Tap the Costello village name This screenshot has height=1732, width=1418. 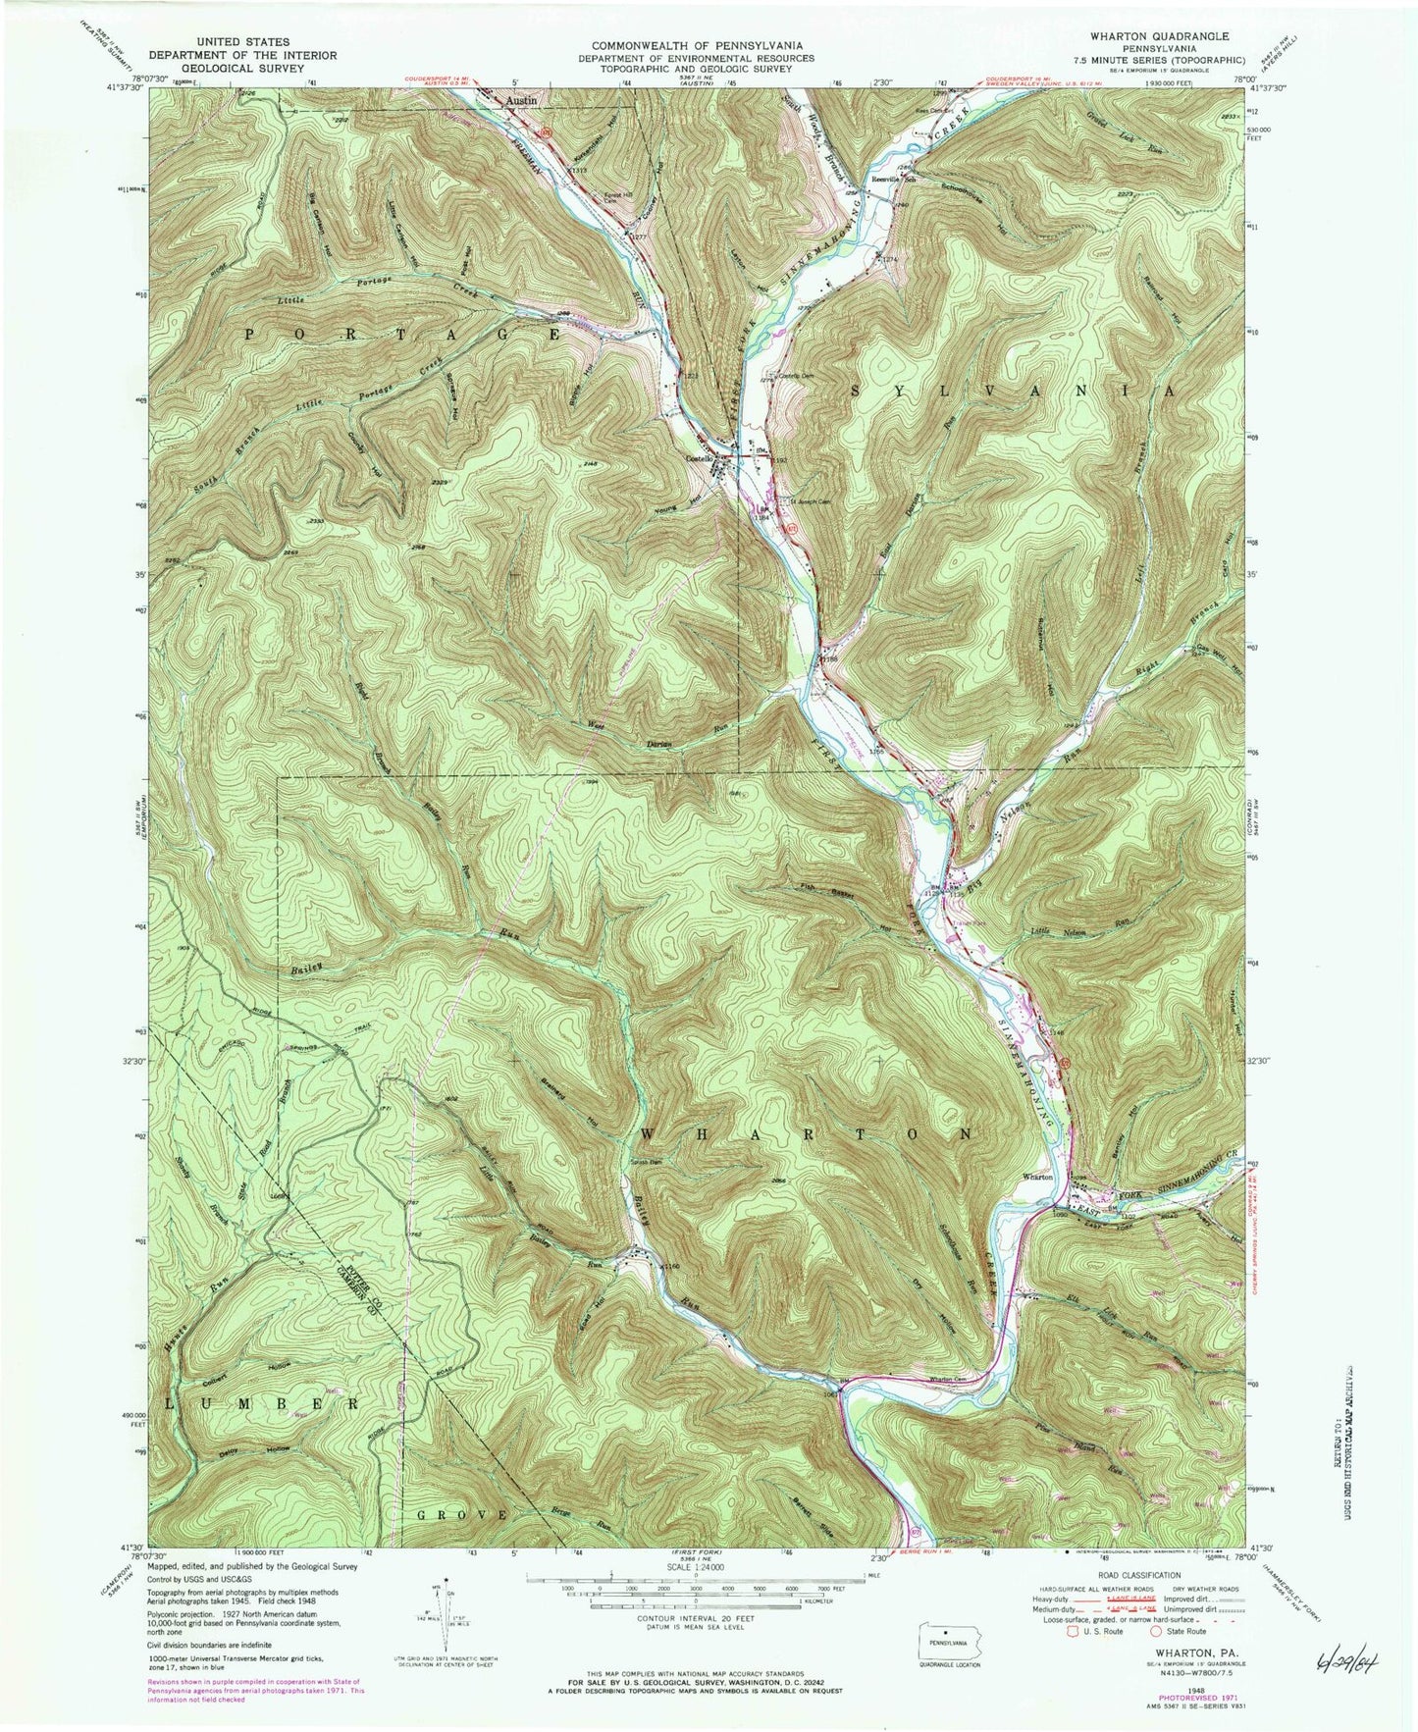pos(705,458)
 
